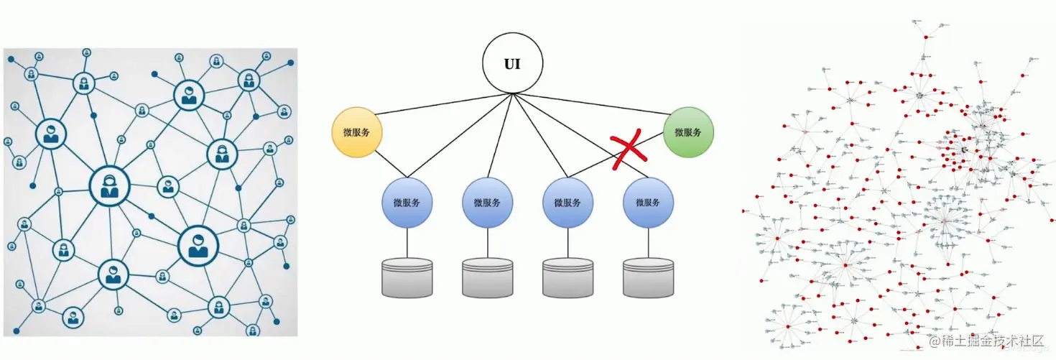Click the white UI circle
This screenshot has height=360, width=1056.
pyautogui.click(x=511, y=64)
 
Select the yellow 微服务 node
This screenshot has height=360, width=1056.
pyautogui.click(x=357, y=133)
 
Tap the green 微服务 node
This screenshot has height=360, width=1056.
pyautogui.click(x=688, y=133)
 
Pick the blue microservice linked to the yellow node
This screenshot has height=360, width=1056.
pyautogui.click(x=407, y=203)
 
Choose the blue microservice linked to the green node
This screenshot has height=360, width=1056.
pyautogui.click(x=568, y=203)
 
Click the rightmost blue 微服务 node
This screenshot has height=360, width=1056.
pyautogui.click(x=648, y=203)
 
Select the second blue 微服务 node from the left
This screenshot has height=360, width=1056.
pyautogui.click(x=488, y=203)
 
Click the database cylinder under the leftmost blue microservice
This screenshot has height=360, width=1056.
pyautogui.click(x=407, y=277)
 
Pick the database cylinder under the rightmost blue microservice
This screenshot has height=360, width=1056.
pyautogui.click(x=648, y=277)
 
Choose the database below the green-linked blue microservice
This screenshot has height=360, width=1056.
pyautogui.click(x=568, y=277)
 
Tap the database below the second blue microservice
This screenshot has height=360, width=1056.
pyautogui.click(x=488, y=277)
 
